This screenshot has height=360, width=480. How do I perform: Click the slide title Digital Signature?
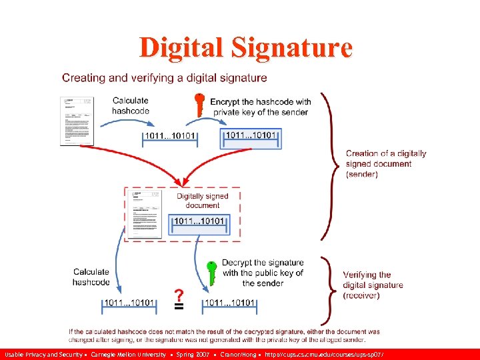(x=245, y=48)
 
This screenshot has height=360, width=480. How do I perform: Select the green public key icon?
(x=211, y=273)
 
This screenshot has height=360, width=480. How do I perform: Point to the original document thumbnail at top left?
(x=77, y=121)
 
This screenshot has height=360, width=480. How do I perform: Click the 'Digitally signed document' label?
(x=203, y=201)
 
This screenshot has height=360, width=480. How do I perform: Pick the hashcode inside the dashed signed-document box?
(x=201, y=221)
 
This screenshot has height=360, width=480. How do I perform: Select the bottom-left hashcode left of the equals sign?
(x=129, y=303)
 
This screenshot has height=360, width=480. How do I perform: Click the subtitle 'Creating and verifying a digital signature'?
(x=165, y=78)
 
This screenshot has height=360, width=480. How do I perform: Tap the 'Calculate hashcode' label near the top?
(x=131, y=105)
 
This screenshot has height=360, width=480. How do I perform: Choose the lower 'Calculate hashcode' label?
(x=91, y=277)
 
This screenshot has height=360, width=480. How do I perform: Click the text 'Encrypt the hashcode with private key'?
(x=261, y=107)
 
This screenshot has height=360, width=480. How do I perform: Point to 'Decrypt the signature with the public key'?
(x=263, y=273)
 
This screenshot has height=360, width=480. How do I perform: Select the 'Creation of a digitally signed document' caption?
(x=385, y=163)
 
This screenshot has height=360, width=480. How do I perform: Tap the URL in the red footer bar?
(x=326, y=354)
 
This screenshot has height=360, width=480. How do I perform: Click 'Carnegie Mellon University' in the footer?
(x=128, y=354)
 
